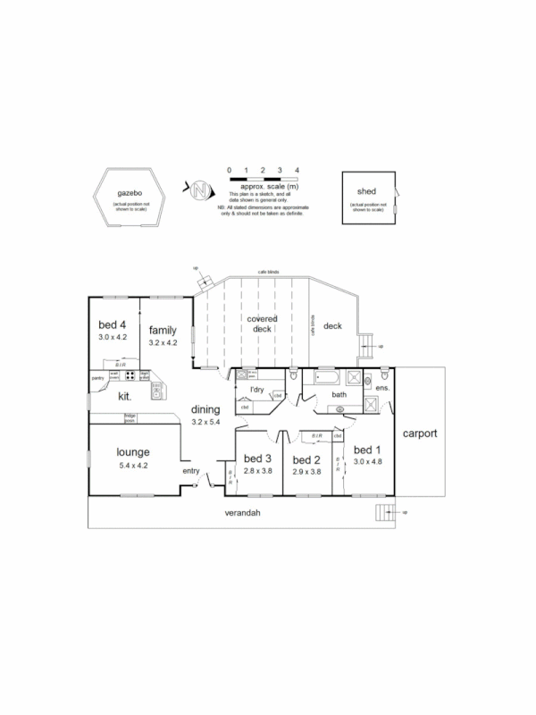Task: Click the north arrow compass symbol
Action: [x=200, y=189]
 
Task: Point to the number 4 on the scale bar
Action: [x=297, y=169]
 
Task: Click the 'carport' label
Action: [x=419, y=433]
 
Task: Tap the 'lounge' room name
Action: [x=132, y=452]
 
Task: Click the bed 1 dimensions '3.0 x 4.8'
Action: [x=367, y=462]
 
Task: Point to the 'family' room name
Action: [x=163, y=329]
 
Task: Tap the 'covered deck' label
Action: [x=262, y=324]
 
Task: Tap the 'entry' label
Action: [x=190, y=471]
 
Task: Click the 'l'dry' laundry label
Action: [x=256, y=391]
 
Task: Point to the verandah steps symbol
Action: [x=384, y=512]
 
